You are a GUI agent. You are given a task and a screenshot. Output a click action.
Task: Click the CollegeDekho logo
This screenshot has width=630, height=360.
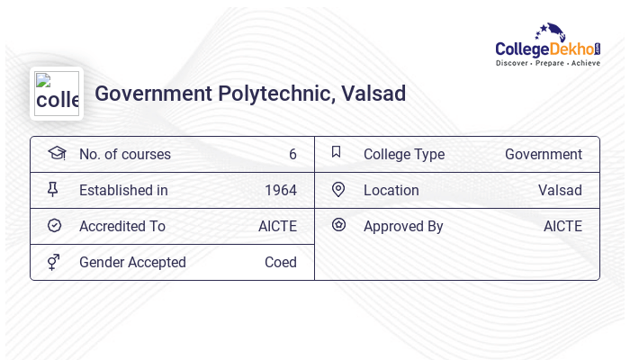[x=547, y=46]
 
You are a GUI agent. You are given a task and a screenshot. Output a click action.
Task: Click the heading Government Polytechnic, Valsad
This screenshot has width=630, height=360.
[x=250, y=94]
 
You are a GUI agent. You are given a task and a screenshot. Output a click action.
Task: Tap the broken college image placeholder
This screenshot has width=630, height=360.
[x=57, y=94]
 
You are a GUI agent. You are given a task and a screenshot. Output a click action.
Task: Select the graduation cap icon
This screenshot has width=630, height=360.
[x=56, y=153]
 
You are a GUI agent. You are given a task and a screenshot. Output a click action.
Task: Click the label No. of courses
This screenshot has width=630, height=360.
[x=125, y=155]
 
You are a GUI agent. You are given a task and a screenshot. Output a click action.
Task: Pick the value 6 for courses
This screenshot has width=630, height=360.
[x=292, y=155]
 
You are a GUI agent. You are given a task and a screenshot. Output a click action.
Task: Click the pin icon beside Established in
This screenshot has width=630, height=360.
[x=53, y=190]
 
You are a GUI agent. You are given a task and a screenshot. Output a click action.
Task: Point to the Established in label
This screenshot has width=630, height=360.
[x=123, y=191]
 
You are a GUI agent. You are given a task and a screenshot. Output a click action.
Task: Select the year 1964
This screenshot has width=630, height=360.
[x=280, y=191]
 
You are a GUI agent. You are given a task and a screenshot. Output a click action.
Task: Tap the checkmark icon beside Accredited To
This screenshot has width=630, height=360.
[x=54, y=226]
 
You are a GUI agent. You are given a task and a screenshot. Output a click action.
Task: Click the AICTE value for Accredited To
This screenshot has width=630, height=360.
[x=277, y=227]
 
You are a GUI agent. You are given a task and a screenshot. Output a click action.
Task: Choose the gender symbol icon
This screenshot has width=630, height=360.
[x=54, y=262]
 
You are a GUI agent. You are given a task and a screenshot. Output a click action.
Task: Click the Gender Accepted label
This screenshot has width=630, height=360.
[x=132, y=263]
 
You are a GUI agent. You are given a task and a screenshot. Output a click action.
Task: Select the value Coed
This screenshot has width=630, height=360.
[x=280, y=263]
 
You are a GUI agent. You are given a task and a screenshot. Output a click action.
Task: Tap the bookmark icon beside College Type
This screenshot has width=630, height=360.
[x=337, y=152]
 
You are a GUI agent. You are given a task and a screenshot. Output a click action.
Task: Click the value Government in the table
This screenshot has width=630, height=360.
[x=543, y=155]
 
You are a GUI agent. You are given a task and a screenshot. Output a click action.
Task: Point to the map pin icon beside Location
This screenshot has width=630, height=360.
[x=338, y=190]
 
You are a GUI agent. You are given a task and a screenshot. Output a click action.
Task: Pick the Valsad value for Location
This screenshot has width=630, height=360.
[x=560, y=191]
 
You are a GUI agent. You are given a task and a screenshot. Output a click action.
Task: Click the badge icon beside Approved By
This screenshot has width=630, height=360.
[x=338, y=225]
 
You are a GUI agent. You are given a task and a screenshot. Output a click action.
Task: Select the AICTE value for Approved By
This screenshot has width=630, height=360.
[x=562, y=227]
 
